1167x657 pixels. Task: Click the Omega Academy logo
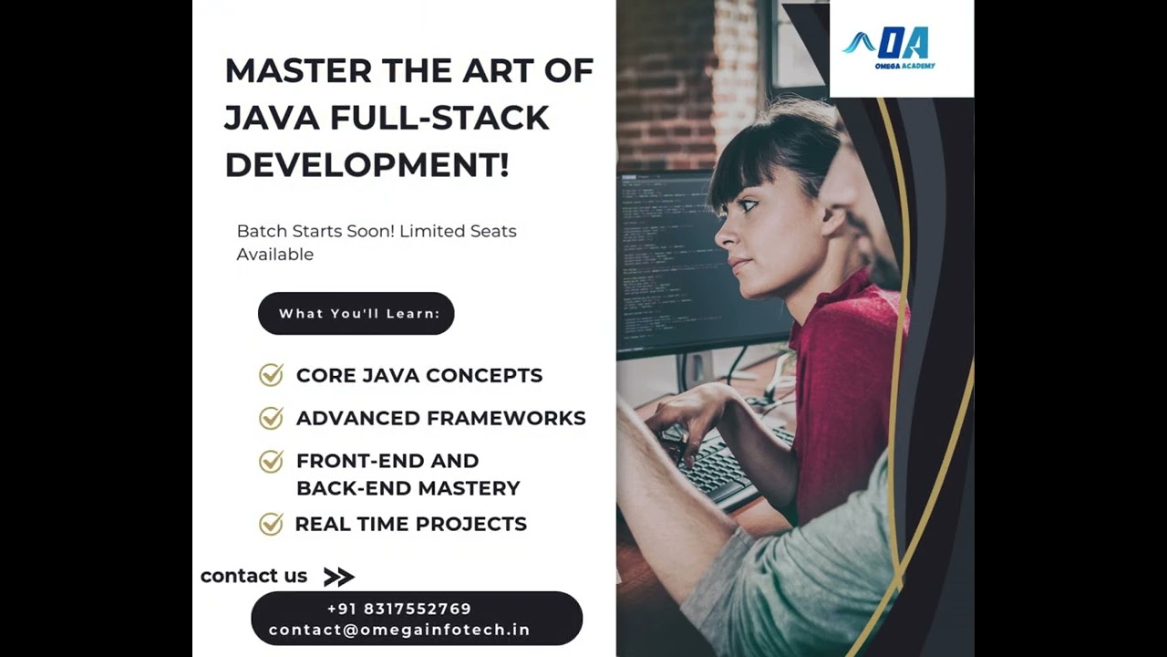point(888,47)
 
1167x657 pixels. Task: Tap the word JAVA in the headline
point(272,118)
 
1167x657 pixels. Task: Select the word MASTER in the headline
point(298,70)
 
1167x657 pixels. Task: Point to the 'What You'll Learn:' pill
point(356,313)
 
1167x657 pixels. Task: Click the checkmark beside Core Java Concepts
point(271,374)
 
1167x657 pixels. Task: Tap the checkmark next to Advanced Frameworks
point(271,418)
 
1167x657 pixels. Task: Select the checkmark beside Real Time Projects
point(271,524)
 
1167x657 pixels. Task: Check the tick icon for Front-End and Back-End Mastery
point(271,461)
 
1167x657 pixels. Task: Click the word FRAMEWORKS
point(506,418)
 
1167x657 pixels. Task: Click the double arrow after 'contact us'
point(339,577)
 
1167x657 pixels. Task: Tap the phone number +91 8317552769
point(399,609)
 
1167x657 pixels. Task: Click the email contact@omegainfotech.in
point(399,630)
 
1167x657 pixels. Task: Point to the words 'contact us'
point(253,576)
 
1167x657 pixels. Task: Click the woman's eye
point(747,204)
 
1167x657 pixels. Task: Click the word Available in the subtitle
point(275,255)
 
